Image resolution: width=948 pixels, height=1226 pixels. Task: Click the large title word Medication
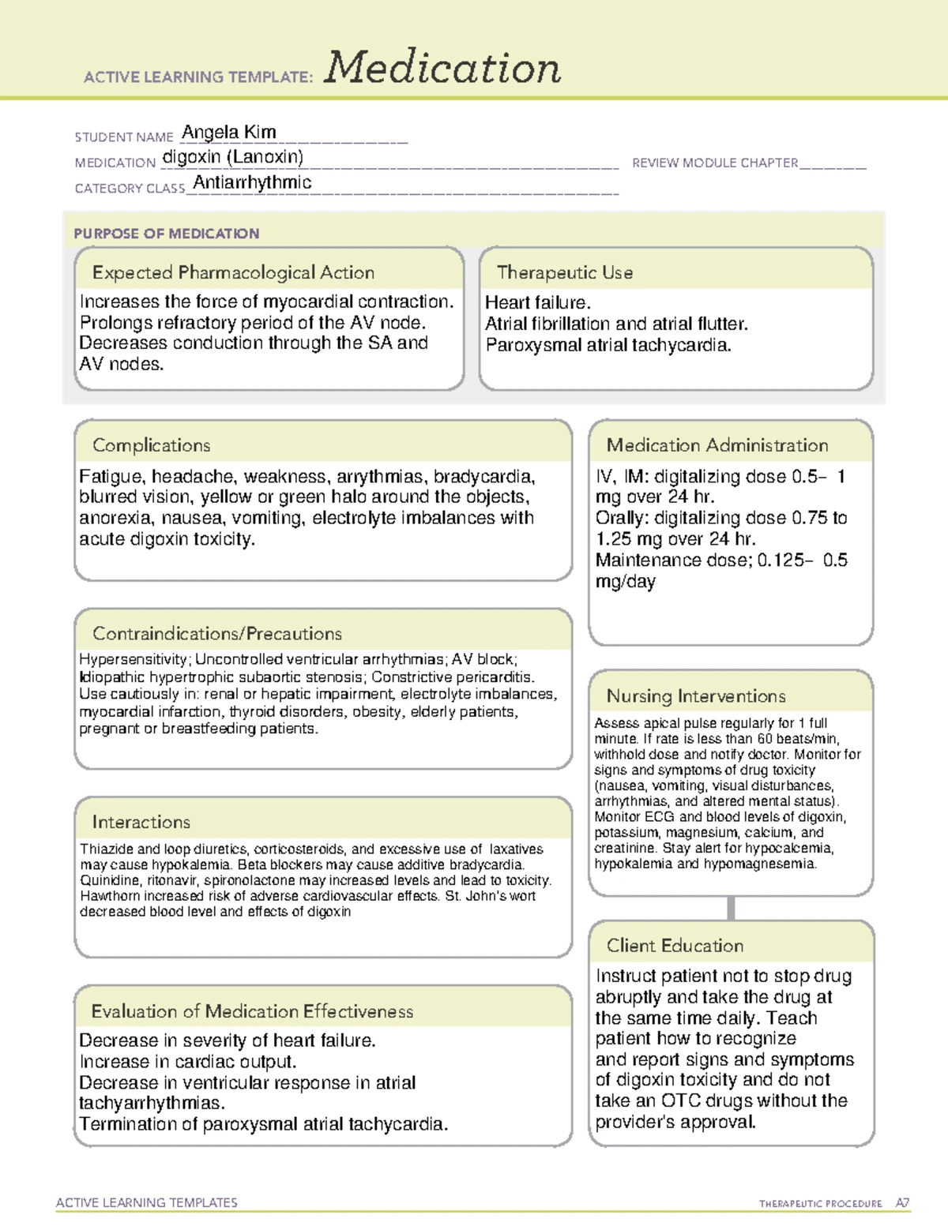click(442, 68)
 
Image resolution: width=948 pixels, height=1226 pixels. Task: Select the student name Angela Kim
click(228, 132)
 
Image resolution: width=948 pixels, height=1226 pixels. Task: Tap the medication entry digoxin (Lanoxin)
click(232, 157)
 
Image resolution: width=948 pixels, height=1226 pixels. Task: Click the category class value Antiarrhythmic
click(252, 182)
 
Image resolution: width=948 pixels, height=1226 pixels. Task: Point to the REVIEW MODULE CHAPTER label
click(715, 163)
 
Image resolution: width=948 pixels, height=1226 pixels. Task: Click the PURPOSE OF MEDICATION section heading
click(166, 234)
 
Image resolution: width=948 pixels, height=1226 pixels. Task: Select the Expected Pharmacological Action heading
click(233, 272)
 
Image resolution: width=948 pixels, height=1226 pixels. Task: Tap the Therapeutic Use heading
click(565, 272)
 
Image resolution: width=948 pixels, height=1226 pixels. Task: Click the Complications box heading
click(151, 445)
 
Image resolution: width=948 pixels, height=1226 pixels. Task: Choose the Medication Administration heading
click(717, 445)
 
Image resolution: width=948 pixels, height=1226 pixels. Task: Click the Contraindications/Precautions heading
click(217, 633)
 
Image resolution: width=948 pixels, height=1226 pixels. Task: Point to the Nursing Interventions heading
click(696, 696)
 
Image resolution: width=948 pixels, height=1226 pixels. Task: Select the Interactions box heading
click(141, 822)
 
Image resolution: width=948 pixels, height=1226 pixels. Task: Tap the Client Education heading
click(675, 946)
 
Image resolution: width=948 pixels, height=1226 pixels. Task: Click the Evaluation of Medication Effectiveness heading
click(252, 1011)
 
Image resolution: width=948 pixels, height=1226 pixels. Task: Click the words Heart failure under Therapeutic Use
click(537, 303)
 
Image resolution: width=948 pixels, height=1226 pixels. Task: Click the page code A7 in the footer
click(902, 1203)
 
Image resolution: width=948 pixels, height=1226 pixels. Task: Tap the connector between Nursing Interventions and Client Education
click(731, 908)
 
